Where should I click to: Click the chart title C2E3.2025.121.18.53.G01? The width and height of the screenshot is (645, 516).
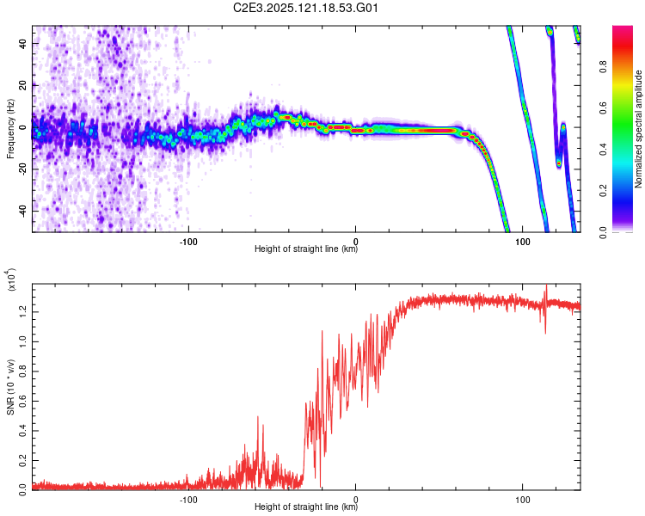click(305, 8)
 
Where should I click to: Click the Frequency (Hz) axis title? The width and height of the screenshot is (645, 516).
click(10, 129)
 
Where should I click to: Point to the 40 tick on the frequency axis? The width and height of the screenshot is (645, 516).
click(23, 43)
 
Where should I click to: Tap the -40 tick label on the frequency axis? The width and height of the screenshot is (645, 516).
click(23, 212)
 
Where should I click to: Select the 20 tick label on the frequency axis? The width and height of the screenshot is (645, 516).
click(23, 85)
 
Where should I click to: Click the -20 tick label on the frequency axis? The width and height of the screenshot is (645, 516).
click(23, 170)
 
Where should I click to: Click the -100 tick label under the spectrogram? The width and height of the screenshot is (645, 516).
click(188, 242)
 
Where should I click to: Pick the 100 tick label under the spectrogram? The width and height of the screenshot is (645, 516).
click(522, 242)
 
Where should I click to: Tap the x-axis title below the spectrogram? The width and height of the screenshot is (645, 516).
click(306, 249)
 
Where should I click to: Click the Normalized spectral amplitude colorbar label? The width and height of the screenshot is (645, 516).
click(638, 129)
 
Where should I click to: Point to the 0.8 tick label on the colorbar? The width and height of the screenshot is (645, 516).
click(604, 67)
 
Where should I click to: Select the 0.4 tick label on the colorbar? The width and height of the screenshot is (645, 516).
click(604, 150)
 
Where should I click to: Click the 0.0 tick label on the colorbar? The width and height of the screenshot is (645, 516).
click(604, 233)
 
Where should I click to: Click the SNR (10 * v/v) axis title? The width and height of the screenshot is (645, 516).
click(10, 387)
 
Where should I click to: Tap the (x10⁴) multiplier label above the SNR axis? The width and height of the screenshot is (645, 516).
click(10, 280)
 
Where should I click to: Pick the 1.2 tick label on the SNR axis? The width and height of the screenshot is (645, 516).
click(23, 311)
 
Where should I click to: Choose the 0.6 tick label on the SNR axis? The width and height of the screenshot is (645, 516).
click(23, 401)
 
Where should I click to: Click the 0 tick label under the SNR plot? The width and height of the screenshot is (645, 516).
click(355, 500)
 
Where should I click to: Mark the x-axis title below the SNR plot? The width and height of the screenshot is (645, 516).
click(306, 507)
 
